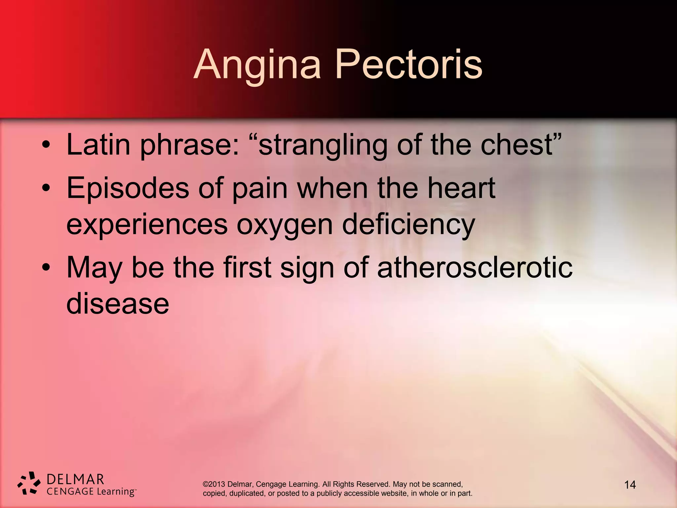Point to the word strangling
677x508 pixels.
322,146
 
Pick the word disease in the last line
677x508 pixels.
118,304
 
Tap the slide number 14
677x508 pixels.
630,485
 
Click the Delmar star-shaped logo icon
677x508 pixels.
29,483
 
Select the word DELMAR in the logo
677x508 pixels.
75,479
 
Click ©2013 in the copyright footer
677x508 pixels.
214,484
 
